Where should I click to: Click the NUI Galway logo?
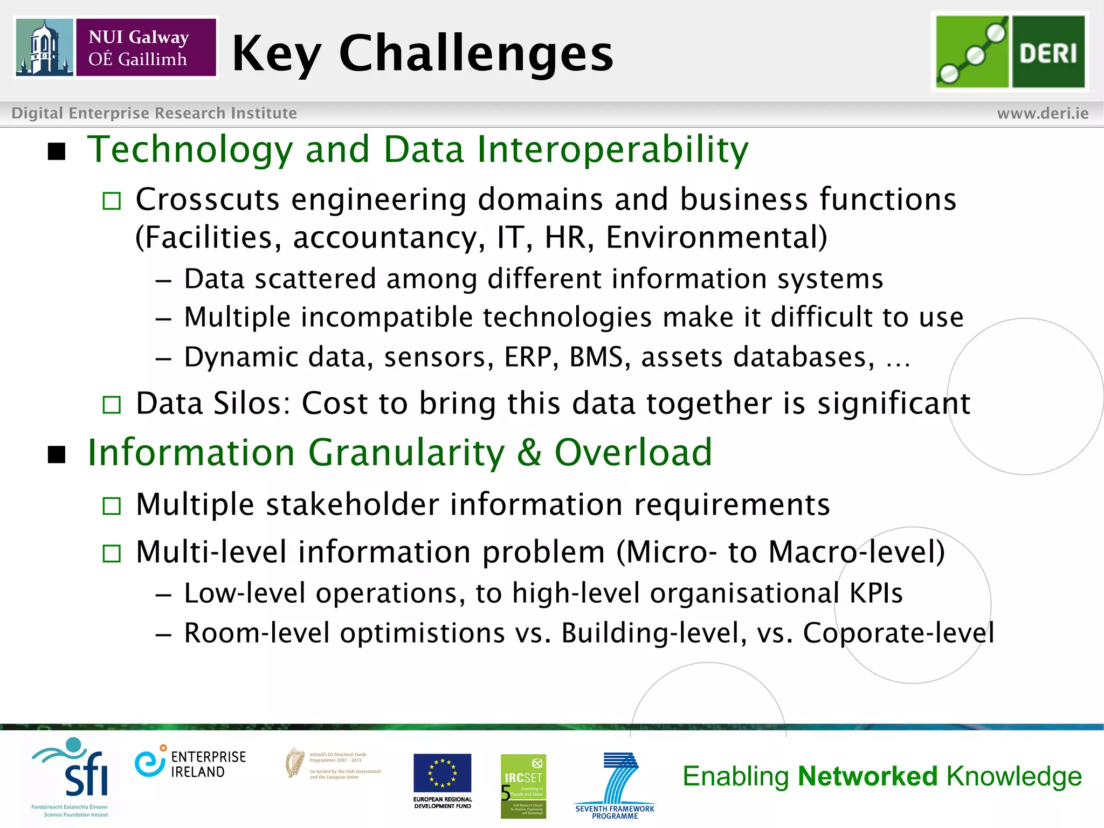(116, 47)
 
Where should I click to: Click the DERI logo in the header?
(1010, 52)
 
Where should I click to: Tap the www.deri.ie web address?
(1043, 113)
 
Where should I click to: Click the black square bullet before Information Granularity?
(57, 454)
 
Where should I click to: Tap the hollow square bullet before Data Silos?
(112, 404)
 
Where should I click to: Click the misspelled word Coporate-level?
(898, 633)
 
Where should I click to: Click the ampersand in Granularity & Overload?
(529, 453)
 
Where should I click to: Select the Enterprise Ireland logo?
(190, 763)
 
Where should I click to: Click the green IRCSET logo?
(523, 785)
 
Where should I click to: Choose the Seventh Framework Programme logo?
(615, 785)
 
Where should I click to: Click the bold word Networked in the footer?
(868, 776)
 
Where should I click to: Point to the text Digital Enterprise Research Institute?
(154, 113)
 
